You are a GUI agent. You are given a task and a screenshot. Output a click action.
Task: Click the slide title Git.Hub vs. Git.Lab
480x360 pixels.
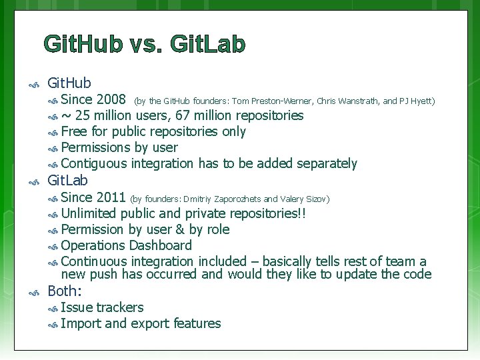point(145,44)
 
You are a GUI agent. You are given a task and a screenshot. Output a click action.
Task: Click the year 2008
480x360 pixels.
point(111,100)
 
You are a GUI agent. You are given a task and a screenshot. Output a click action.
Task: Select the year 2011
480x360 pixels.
point(111,197)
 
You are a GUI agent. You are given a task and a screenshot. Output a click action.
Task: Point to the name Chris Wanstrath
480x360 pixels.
point(348,101)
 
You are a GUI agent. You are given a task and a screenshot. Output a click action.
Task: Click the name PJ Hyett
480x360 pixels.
point(416,101)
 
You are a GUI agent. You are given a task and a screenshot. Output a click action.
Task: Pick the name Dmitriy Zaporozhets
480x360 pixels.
point(222,199)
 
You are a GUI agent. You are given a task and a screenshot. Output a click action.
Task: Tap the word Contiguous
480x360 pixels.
point(94,164)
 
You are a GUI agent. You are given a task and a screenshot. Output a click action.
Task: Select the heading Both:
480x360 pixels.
point(65,291)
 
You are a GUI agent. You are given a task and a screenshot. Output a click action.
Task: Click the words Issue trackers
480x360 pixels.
point(102,307)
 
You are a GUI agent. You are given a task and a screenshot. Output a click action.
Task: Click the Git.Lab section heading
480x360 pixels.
point(67,181)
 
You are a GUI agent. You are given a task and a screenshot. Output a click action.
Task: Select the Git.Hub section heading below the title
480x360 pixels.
point(69,83)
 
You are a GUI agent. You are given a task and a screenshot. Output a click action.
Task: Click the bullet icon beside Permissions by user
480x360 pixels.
point(53,148)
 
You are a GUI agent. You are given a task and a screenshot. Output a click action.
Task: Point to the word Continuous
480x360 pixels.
point(94,261)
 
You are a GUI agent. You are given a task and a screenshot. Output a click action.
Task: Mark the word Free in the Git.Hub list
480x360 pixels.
point(74,132)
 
